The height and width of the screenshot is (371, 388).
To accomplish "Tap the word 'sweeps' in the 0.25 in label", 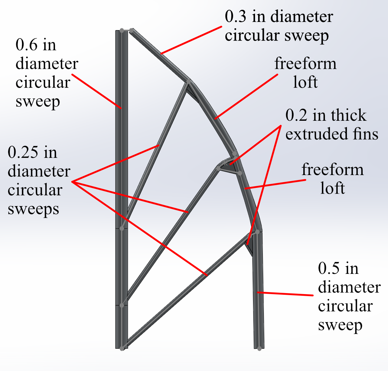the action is (x=33, y=209).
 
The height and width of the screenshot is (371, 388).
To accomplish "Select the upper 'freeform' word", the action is (x=305, y=64).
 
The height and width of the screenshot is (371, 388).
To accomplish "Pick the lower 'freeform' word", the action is (x=333, y=170).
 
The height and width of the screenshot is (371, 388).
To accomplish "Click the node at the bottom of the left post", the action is (x=122, y=347).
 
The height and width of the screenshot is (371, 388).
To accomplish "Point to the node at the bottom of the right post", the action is (x=259, y=348).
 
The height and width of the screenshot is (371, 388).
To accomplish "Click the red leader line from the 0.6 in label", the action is (x=98, y=91).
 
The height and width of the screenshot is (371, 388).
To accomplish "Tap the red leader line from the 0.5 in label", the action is (x=287, y=294).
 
